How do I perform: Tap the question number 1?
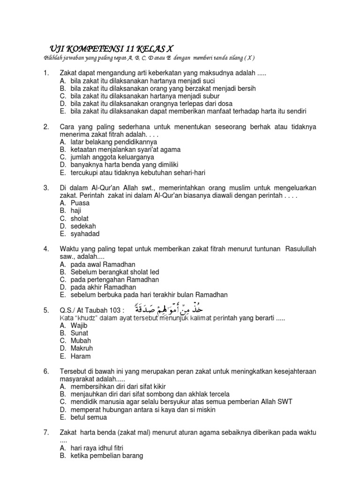pyautogui.click(x=46, y=73)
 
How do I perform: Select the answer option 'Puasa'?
pyautogui.click(x=80, y=203)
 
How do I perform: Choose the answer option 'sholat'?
pyautogui.click(x=79, y=218)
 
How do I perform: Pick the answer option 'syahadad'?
pyautogui.click(x=85, y=234)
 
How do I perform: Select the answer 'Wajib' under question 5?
pyautogui.click(x=79, y=325)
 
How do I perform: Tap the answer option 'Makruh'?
pyautogui.click(x=81, y=348)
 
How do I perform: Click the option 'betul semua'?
pyautogui.click(x=89, y=417)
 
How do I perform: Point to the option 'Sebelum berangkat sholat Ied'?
pyautogui.click(x=115, y=272)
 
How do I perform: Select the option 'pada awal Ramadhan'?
pyautogui.click(x=102, y=264)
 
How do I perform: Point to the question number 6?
pyautogui.click(x=46, y=371)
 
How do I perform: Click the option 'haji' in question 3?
pyautogui.click(x=76, y=211)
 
